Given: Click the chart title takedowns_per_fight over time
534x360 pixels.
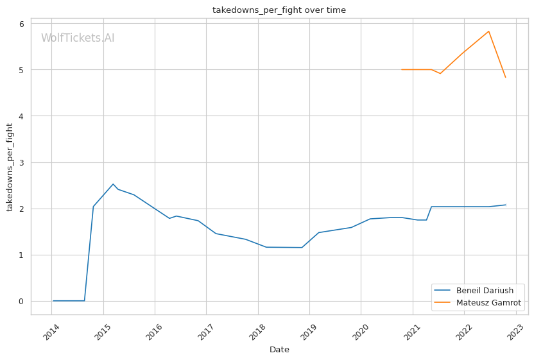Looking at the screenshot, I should click(x=279, y=10).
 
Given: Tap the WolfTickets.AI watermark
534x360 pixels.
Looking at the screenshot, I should click(x=78, y=38).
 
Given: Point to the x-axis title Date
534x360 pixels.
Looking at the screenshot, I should click(x=279, y=350).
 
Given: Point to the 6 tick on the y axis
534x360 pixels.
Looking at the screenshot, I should click(x=21, y=24).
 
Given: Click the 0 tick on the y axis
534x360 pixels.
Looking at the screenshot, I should click(x=21, y=301).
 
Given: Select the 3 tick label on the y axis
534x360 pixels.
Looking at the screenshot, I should click(x=21, y=162).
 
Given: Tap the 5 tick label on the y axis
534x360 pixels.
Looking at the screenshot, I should click(x=21, y=70).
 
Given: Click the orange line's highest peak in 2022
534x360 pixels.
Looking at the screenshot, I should click(x=488, y=31).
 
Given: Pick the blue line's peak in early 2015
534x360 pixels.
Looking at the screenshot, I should click(x=113, y=184).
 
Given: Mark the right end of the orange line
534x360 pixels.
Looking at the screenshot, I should click(x=506, y=78).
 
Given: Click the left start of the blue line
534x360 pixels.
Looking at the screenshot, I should click(x=53, y=300).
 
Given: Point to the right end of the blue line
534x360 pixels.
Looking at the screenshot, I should click(x=506, y=205).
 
